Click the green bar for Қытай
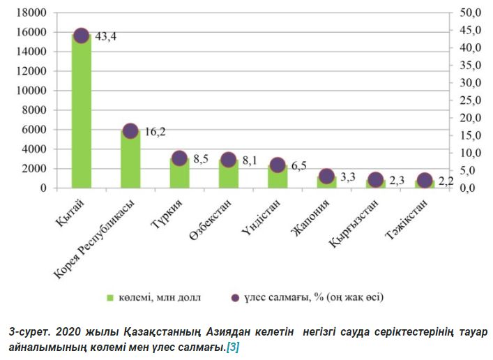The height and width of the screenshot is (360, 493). (x=81, y=112)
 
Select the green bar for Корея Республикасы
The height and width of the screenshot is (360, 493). (x=130, y=159)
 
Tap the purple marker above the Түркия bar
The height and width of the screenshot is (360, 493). (x=179, y=158)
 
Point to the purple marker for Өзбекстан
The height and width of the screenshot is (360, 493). (x=228, y=160)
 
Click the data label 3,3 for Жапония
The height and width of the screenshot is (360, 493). (x=347, y=177)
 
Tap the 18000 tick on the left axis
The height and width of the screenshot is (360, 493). (x=32, y=13)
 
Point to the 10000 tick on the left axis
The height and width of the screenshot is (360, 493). (x=32, y=91)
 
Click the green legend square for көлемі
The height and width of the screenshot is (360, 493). (x=109, y=298)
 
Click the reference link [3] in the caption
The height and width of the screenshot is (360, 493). (x=232, y=347)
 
